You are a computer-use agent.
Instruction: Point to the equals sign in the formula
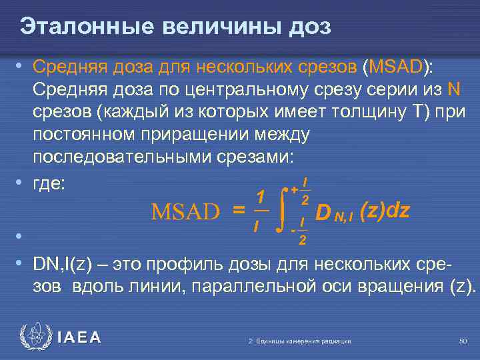(x=237, y=211)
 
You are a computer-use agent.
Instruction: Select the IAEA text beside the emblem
(x=79, y=338)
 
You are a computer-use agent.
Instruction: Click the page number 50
(x=463, y=341)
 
